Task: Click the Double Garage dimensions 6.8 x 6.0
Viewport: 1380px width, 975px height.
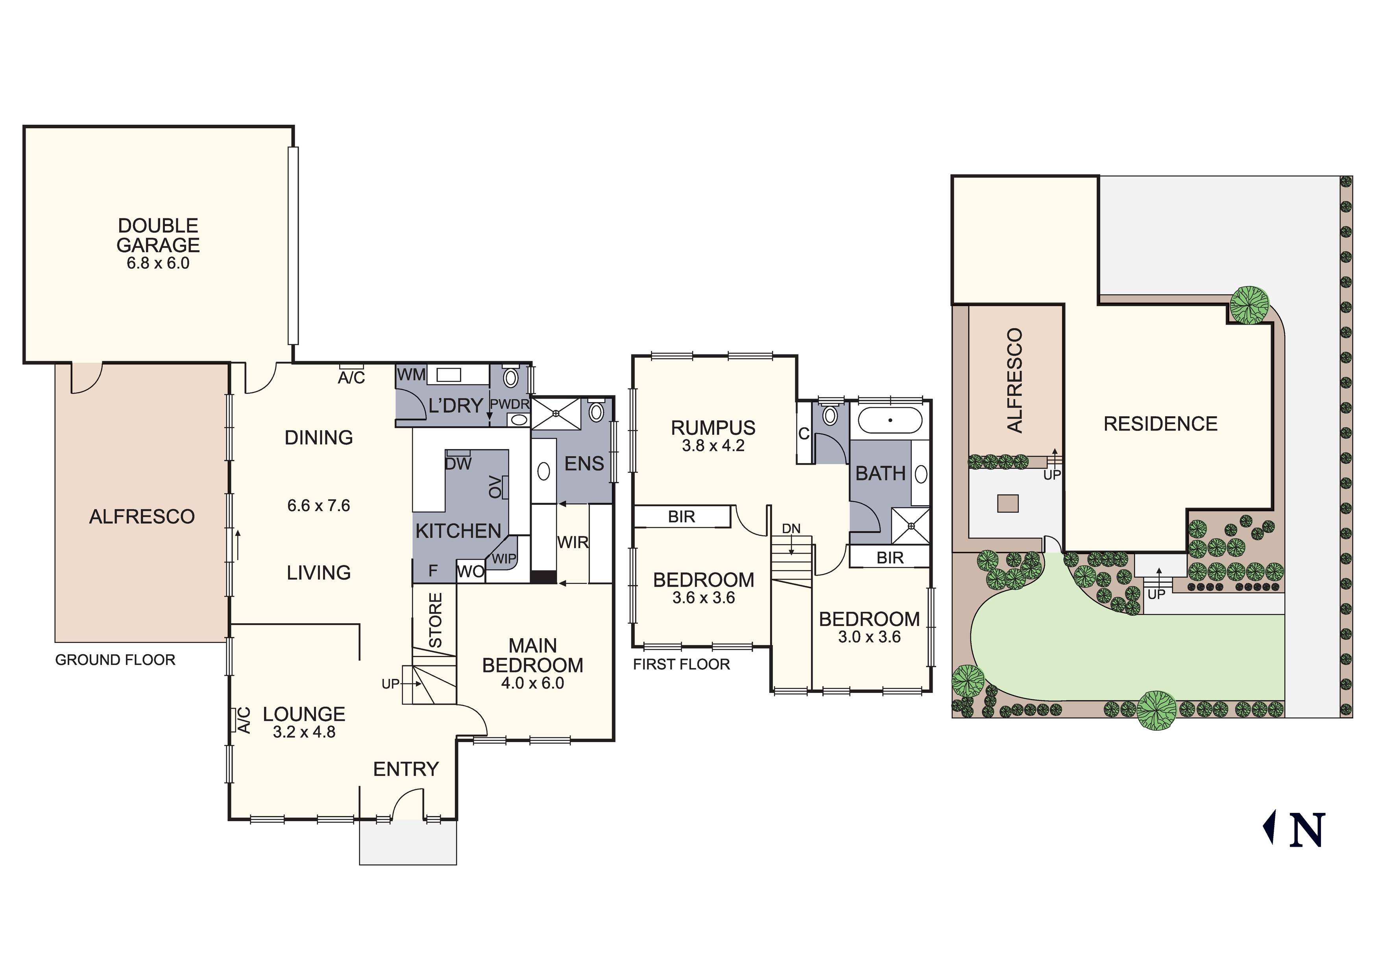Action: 158,263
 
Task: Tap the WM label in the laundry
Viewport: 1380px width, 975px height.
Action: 411,375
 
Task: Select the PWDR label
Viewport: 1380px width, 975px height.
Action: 509,404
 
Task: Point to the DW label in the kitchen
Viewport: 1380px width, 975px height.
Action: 458,463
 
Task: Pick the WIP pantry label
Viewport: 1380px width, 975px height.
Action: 504,558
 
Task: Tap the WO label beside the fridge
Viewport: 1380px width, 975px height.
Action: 471,572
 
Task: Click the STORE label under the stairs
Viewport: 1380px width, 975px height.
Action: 436,620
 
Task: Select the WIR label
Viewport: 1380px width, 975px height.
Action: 572,542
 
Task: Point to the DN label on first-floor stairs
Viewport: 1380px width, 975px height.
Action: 791,529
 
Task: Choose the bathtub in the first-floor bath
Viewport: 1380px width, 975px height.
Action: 890,421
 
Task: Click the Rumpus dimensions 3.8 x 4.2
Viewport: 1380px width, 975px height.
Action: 713,446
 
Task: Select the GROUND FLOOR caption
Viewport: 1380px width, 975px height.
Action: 115,660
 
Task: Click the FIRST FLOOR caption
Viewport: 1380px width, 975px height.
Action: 682,664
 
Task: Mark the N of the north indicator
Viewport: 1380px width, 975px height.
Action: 1307,830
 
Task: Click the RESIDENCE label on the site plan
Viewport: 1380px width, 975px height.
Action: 1160,424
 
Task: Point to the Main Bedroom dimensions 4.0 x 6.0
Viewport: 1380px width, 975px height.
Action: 532,683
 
